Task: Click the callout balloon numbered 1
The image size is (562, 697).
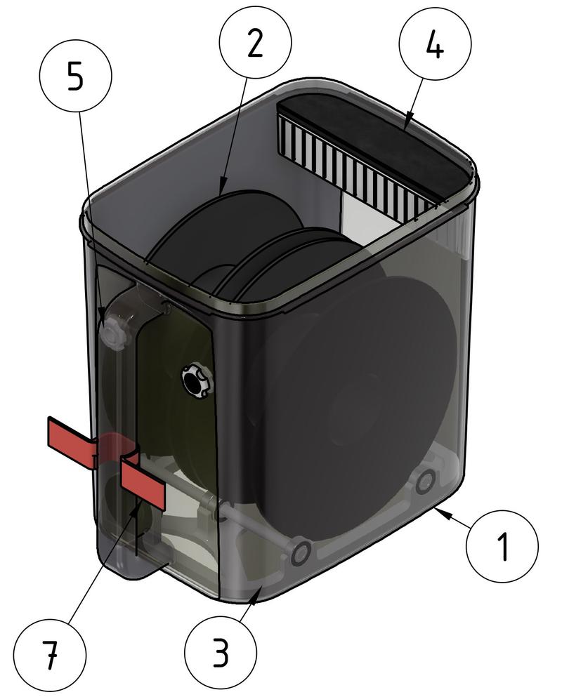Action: (502, 546)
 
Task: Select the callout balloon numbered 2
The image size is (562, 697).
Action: (255, 43)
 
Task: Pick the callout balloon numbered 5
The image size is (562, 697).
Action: (75, 75)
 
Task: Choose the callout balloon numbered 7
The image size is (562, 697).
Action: (50, 655)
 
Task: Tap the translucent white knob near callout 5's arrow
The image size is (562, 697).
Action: (114, 330)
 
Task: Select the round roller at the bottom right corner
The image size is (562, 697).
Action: (425, 482)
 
